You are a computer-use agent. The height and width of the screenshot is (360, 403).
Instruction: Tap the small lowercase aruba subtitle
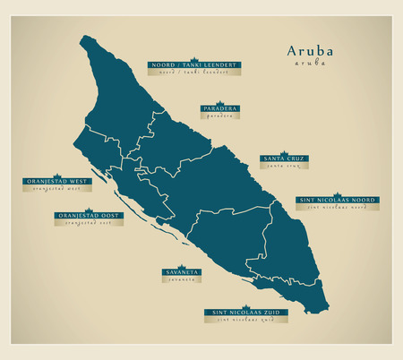tap(308, 64)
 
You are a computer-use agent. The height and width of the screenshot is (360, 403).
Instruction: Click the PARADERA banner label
tap(219, 108)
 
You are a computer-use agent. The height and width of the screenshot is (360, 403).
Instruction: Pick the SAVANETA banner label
tap(181, 271)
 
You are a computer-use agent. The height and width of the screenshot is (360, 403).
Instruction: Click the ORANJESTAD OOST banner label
tap(89, 215)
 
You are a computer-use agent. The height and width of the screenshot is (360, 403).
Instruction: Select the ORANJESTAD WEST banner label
tap(56, 182)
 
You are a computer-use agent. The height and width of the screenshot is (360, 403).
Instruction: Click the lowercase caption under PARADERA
tap(219, 116)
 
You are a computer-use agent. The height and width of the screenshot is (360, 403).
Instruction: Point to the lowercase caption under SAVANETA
tap(181, 279)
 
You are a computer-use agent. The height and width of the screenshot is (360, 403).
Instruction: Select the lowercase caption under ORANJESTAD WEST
tap(56, 189)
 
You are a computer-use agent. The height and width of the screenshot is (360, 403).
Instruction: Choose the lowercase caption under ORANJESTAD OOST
tap(89, 222)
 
